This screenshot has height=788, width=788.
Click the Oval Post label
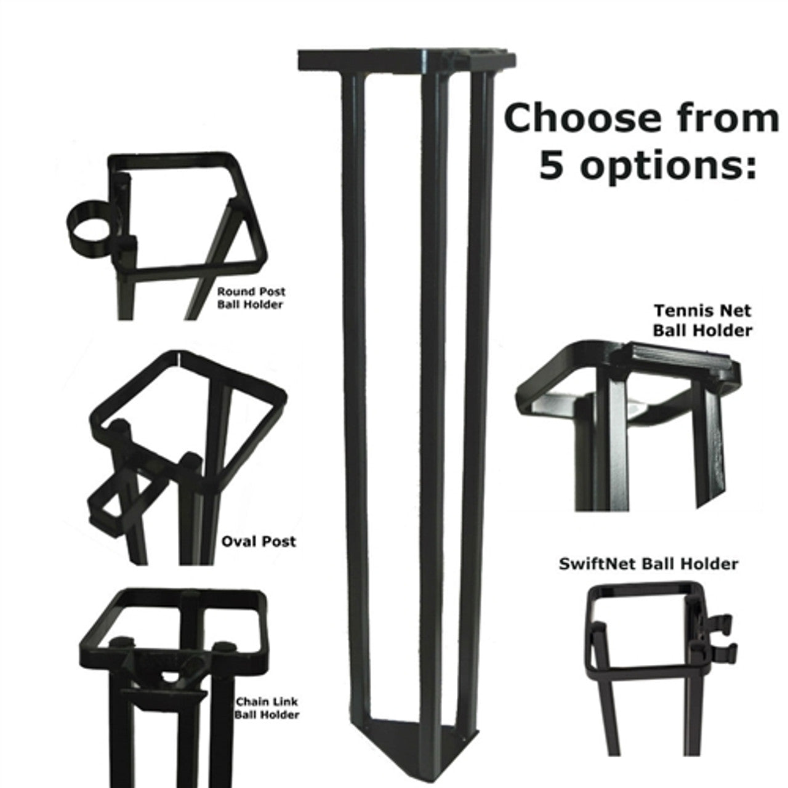click(259, 542)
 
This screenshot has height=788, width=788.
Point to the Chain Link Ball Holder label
click(267, 708)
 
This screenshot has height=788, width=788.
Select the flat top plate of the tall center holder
click(406, 59)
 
